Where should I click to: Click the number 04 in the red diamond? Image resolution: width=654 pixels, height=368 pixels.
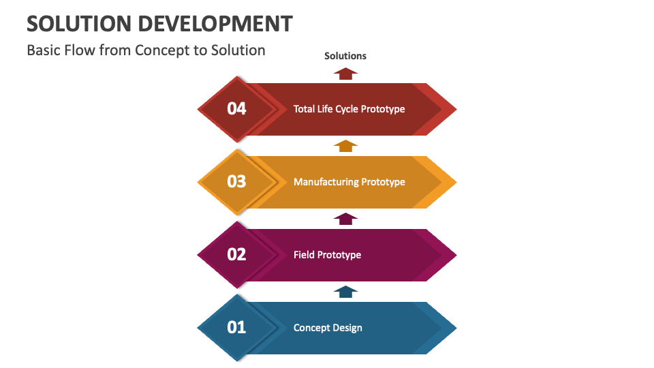coord(236,108)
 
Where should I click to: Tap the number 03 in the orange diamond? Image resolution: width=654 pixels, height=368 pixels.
coord(236,181)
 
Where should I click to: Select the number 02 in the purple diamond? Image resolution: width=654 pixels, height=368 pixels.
coord(236,254)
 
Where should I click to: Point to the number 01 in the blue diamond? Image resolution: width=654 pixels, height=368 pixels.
coord(236,327)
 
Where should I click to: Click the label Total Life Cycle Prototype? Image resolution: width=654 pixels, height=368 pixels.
coord(349,109)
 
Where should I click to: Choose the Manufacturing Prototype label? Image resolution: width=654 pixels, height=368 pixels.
coord(349,182)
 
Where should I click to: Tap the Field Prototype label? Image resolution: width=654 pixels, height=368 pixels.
coord(327,255)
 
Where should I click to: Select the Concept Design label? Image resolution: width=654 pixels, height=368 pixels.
coord(328,328)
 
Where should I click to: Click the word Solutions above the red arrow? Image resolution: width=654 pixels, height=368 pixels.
coord(345,56)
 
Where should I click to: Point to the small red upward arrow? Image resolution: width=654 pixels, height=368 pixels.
coord(346,74)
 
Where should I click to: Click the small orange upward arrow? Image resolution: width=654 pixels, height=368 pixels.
coord(346,146)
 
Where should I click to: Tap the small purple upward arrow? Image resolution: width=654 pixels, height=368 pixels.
coord(346,219)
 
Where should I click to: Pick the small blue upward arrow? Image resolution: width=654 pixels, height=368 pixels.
coord(346,292)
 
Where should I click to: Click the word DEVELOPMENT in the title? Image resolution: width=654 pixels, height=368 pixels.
coord(215,24)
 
